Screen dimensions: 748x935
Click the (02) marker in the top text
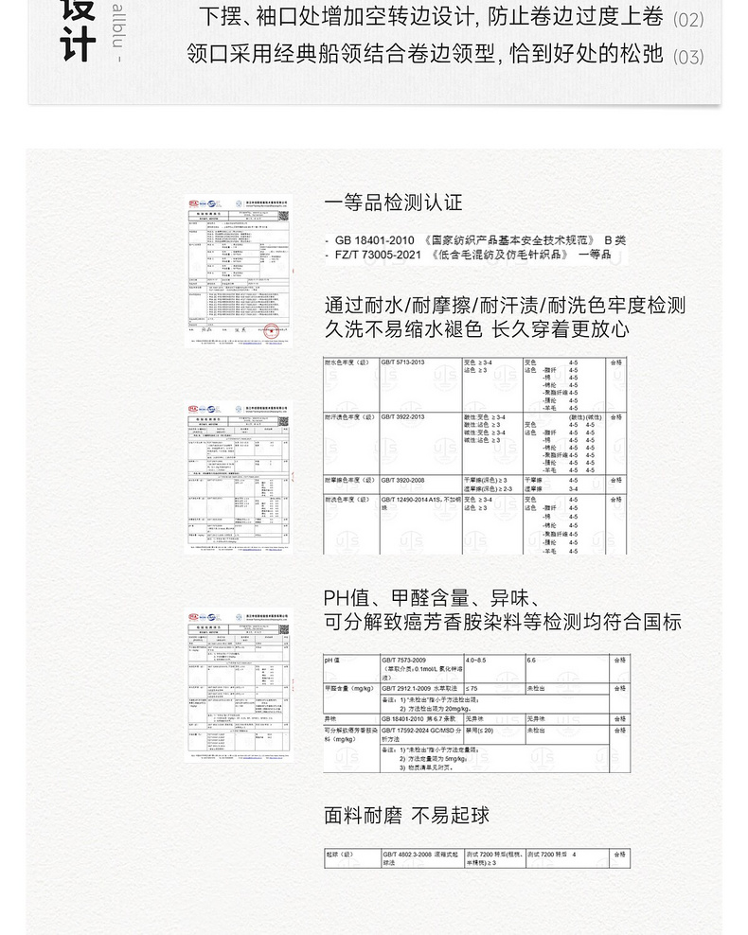688,19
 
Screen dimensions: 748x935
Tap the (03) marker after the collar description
688,57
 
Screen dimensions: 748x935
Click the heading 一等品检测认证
393,202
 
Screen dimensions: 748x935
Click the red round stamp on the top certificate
272,330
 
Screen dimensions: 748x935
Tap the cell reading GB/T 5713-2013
403,362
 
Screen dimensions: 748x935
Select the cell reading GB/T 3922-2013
403,416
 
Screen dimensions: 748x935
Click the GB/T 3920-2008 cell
403,481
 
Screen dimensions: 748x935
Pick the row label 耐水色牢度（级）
347,362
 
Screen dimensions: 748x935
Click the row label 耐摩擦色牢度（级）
348,481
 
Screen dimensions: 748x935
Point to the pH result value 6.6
531,660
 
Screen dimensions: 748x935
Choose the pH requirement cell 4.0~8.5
477,660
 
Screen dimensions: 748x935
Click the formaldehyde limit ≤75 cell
473,688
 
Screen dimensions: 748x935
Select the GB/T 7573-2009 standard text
404,660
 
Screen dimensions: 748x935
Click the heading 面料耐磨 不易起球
406,815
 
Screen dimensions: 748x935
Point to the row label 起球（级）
339,855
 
